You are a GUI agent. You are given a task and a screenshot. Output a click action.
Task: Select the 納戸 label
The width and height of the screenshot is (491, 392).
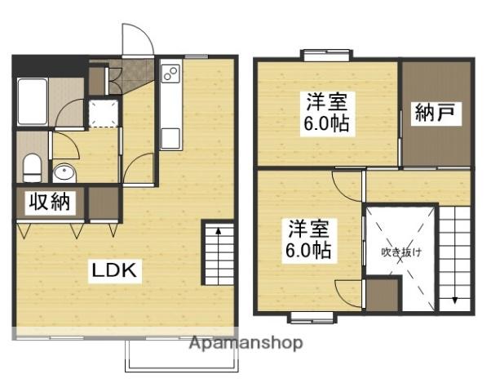437,113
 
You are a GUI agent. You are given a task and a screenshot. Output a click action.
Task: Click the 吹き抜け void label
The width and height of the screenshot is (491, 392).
402,252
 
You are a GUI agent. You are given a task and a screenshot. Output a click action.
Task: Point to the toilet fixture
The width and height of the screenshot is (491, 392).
32,168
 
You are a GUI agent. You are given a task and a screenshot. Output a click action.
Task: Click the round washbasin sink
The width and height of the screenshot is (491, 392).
63,172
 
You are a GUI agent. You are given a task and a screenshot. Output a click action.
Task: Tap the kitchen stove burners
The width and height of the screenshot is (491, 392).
170,76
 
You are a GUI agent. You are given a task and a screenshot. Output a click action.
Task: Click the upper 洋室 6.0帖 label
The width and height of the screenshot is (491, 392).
327,114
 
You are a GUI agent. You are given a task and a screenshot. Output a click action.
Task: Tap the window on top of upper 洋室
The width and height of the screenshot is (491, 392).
326,56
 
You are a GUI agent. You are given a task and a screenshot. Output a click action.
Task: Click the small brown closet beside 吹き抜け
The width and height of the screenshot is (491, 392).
383,294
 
